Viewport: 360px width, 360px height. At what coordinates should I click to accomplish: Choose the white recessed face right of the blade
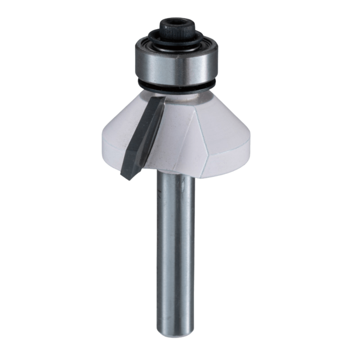click(x=169, y=140)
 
